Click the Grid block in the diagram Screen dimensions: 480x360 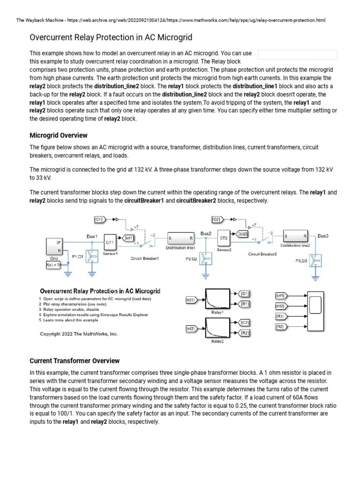pyautogui.click(x=54, y=247)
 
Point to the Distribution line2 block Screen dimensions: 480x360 pyautogui.click(x=295, y=236)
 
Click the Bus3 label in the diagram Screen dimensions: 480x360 pyautogui.click(x=323, y=236)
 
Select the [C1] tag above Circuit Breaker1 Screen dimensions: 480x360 pyautogui.click(x=100, y=219)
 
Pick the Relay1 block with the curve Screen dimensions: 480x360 pyautogui.click(x=217, y=298)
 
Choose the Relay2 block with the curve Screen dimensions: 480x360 pyautogui.click(x=217, y=327)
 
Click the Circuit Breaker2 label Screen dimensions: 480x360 pyautogui.click(x=262, y=255)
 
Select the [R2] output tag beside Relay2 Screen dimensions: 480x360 pyautogui.click(x=244, y=333)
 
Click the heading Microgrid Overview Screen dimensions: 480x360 pyautogui.click(x=58, y=135)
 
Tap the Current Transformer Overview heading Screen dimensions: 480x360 pyautogui.click(x=75, y=361)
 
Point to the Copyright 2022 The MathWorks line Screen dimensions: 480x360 pyautogui.click(x=79, y=334)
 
